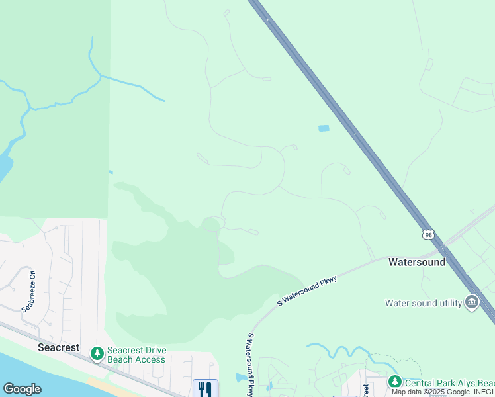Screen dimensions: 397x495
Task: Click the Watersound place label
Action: coord(416,262)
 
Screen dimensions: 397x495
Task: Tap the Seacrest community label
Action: coord(58,347)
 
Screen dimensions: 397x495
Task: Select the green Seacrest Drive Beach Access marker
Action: coord(97,354)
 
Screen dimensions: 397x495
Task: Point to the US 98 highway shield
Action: coord(429,234)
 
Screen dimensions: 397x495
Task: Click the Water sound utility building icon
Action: coord(472,302)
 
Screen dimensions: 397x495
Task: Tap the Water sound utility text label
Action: coord(424,304)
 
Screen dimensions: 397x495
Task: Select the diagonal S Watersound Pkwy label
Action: coord(307,291)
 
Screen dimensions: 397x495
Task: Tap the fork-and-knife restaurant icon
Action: coord(205,388)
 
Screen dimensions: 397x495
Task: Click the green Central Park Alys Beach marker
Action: coord(395,382)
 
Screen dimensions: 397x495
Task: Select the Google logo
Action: coord(22,389)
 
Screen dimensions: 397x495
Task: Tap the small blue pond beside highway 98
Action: coord(324,128)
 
